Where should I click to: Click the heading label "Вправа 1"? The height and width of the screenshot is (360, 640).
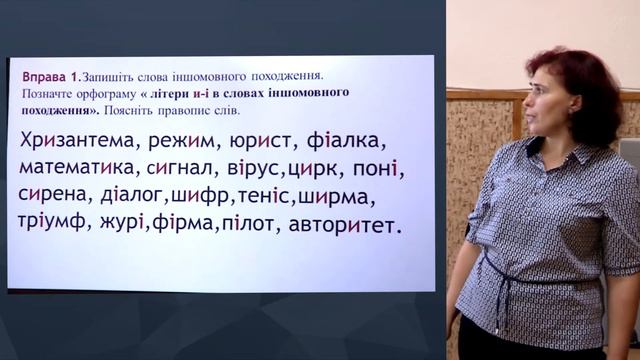click(48, 76)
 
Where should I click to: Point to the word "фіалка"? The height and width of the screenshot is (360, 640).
click(367, 142)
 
